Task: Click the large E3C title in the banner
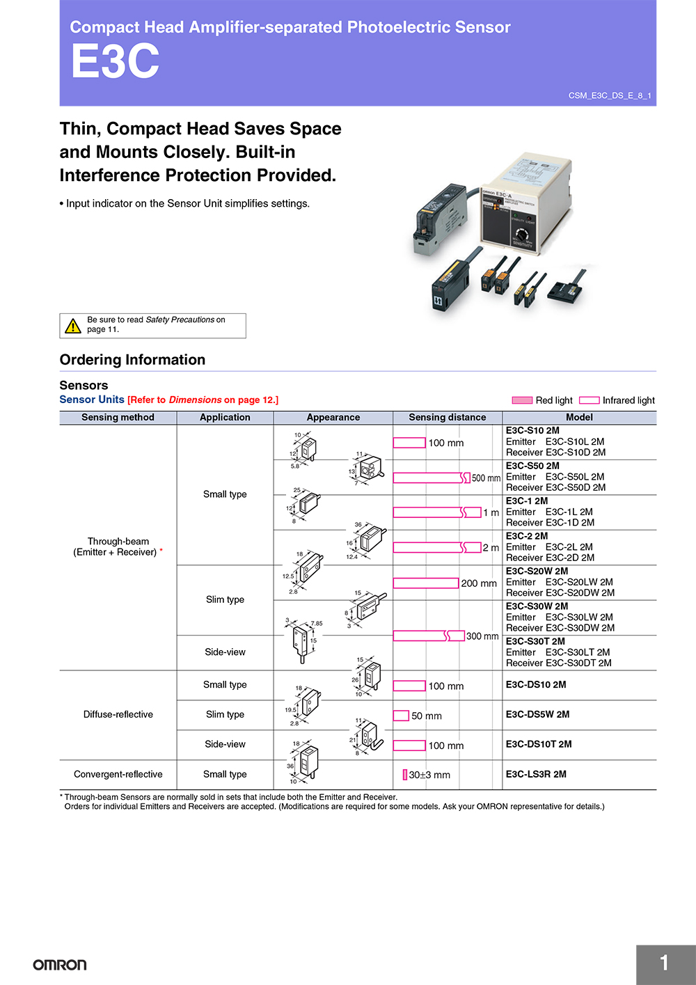(x=116, y=61)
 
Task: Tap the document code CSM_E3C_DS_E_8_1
(x=610, y=96)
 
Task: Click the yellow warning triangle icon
(x=73, y=326)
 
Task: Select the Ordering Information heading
(x=132, y=360)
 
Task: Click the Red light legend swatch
(x=522, y=400)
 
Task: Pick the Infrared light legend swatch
(x=589, y=400)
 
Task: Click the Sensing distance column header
(x=447, y=418)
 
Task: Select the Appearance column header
(x=333, y=418)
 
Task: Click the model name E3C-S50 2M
(x=532, y=466)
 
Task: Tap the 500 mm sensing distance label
(x=486, y=478)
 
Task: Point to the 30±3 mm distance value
(x=429, y=775)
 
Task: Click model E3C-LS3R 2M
(x=536, y=774)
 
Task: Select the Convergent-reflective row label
(x=118, y=774)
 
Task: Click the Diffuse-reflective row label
(x=118, y=714)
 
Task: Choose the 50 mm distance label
(x=426, y=716)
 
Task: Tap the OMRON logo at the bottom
(x=60, y=965)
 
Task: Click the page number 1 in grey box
(x=665, y=963)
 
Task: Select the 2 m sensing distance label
(x=490, y=548)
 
